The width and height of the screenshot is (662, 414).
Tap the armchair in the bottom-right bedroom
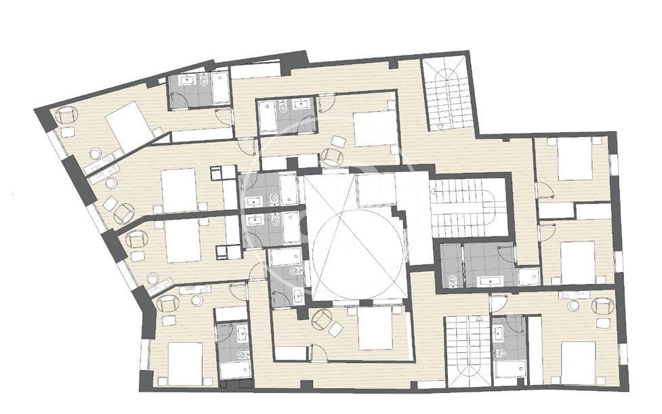point(602,306)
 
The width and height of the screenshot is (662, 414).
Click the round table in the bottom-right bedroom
point(574,306)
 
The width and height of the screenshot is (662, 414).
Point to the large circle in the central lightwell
point(357,245)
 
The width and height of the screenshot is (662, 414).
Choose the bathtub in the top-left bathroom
point(221,88)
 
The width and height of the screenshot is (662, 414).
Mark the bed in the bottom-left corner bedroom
point(185,364)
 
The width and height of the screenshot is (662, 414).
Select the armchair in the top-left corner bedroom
point(66,116)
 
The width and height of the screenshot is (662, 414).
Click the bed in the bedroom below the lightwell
point(375,329)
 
